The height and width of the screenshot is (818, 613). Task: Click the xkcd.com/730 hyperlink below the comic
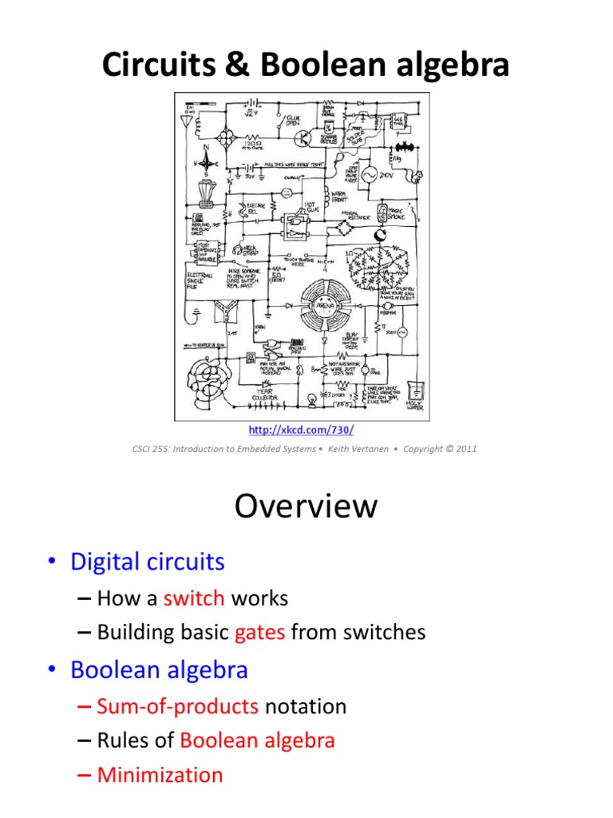305,430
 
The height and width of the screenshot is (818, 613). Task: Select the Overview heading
306,506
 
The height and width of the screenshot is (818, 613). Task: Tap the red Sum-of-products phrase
177,706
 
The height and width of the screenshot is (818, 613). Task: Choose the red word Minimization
160,775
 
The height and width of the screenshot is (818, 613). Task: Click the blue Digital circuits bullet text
148,562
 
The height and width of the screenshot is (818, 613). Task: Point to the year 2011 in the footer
464,449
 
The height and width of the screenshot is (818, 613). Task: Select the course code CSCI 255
153,449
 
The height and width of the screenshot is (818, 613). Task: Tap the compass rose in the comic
207,157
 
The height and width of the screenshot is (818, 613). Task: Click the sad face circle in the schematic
287,193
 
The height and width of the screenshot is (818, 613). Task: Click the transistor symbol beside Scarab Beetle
303,137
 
